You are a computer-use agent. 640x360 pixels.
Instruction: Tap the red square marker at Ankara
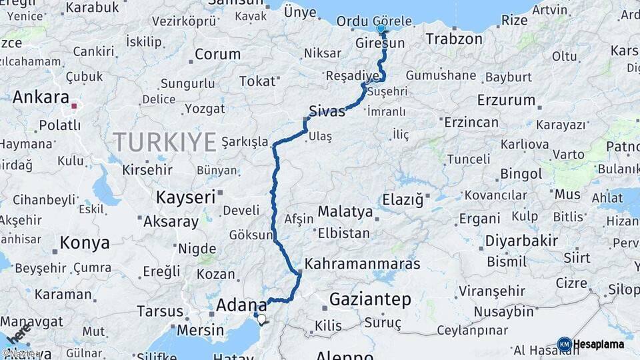[x=74, y=105]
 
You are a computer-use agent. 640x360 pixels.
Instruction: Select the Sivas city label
[x=327, y=111]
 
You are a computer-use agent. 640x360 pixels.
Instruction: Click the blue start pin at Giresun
[x=381, y=29]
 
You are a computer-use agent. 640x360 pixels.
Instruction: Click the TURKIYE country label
[x=165, y=142]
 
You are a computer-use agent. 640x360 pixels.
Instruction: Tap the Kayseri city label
[x=185, y=197]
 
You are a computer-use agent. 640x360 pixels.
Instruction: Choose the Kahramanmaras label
[x=363, y=263]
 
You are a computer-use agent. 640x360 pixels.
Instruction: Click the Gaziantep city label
[x=370, y=299]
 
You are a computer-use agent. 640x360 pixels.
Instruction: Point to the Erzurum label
[x=507, y=100]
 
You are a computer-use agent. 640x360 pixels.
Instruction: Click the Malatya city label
[x=345, y=211]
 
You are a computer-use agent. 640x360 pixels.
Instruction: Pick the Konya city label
[x=85, y=243]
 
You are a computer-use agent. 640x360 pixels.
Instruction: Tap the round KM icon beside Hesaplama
[x=564, y=344]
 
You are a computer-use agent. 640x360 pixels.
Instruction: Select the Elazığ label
[x=403, y=200]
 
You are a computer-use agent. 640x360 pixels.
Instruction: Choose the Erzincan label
[x=471, y=122]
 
